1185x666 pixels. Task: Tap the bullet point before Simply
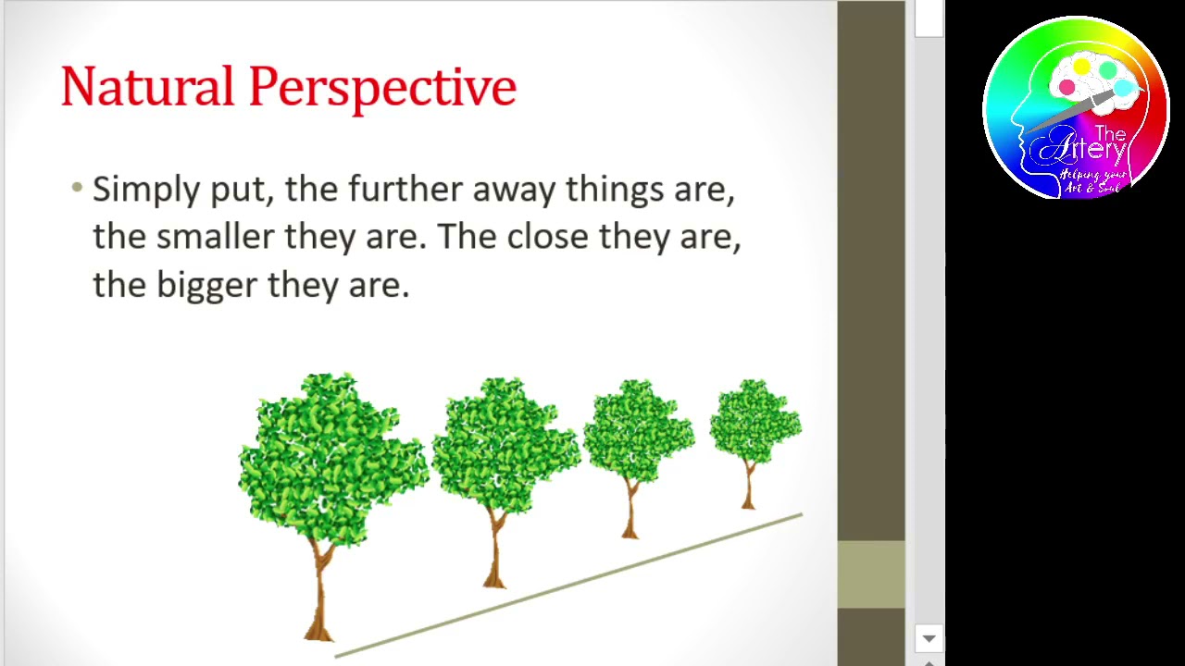77,188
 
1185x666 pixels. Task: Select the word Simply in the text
146,191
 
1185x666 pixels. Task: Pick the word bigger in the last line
206,286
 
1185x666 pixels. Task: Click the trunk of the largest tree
319,592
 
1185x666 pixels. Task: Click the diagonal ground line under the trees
569,585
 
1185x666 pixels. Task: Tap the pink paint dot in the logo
1066,88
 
